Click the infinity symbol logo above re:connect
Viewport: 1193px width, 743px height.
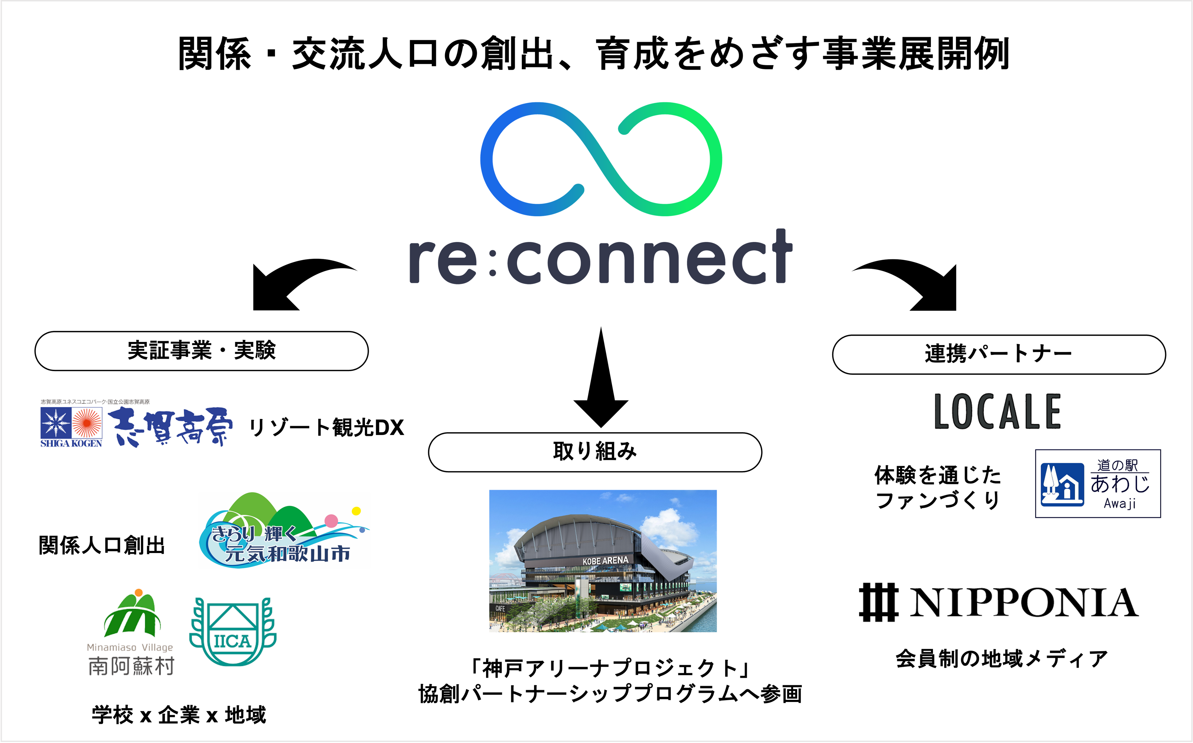click(x=600, y=159)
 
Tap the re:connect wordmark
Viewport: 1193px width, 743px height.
click(x=600, y=258)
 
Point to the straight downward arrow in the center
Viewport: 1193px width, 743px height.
click(x=600, y=378)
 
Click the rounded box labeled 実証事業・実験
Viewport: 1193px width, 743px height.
click(x=202, y=351)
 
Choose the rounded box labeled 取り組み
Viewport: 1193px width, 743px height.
click(x=595, y=452)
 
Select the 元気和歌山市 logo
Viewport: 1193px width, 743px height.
click(x=284, y=531)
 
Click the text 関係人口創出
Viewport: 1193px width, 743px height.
click(x=102, y=545)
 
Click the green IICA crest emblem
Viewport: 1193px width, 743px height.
click(x=232, y=631)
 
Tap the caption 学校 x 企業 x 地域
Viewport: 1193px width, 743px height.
click(x=179, y=715)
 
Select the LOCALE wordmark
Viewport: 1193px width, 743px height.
click(x=998, y=412)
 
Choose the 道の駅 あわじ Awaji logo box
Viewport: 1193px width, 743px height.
click(x=1098, y=484)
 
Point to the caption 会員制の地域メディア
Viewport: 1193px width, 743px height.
click(x=1002, y=659)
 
